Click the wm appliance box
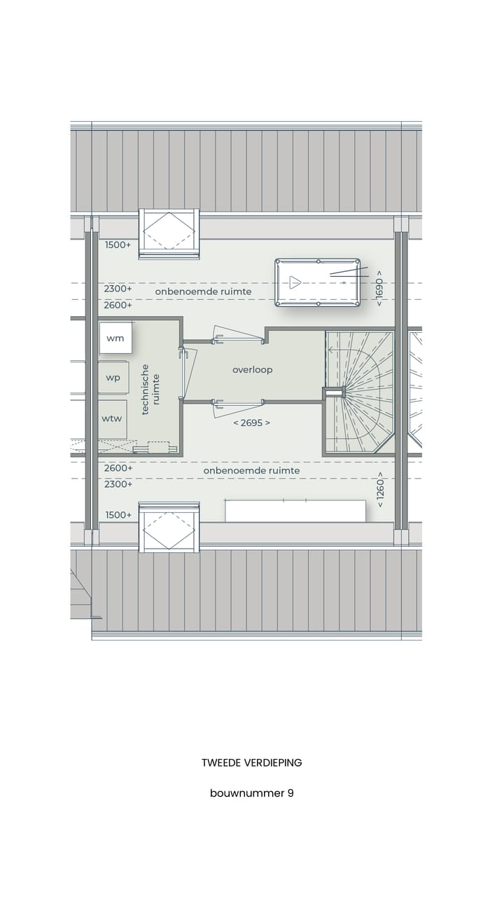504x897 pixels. (115, 338)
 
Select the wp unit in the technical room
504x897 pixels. (113, 378)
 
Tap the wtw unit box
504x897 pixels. (112, 418)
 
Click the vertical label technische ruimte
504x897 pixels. (150, 389)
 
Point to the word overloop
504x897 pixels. (253, 369)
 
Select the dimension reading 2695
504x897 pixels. (251, 423)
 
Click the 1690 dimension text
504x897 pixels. (379, 287)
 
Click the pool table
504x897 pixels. (317, 282)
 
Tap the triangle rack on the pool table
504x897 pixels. (295, 283)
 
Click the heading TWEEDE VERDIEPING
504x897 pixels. (252, 762)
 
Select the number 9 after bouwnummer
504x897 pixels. (290, 793)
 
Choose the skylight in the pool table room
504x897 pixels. (169, 234)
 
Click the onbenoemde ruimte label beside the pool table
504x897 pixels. (203, 292)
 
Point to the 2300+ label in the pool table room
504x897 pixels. (118, 288)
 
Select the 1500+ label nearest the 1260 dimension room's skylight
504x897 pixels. (118, 515)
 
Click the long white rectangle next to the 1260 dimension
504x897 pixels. (295, 510)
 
